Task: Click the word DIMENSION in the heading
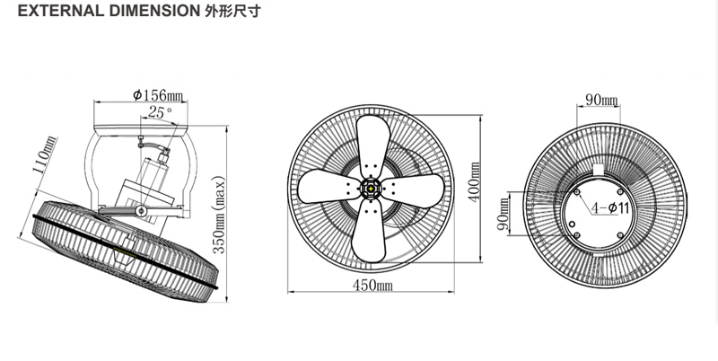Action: (x=142, y=15)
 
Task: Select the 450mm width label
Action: (x=372, y=286)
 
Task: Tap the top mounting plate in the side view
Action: (x=158, y=128)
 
